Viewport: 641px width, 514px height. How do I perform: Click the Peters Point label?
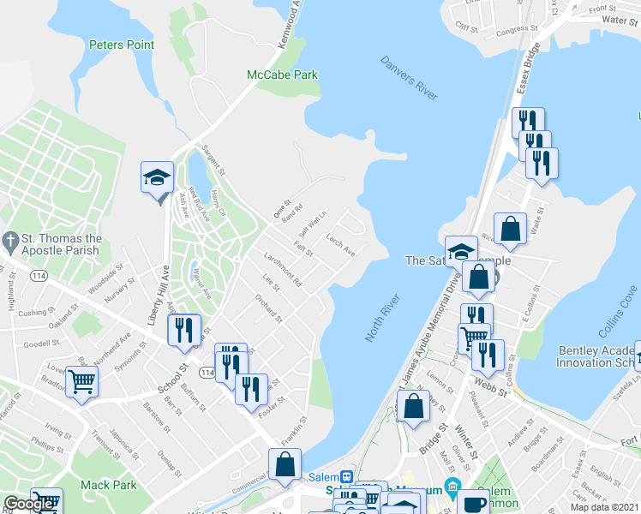pyautogui.click(x=121, y=45)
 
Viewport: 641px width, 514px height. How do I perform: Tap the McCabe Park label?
pyautogui.click(x=282, y=75)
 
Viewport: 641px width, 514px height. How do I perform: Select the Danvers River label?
pyautogui.click(x=408, y=75)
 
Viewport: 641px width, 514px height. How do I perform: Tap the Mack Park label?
pyautogui.click(x=108, y=485)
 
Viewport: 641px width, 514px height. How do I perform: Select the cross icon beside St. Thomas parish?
pyautogui.click(x=10, y=239)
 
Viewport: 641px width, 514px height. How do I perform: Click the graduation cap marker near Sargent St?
pyautogui.click(x=158, y=178)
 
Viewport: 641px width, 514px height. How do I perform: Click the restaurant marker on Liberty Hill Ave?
pyautogui.click(x=183, y=330)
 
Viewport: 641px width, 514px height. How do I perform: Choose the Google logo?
pyautogui.click(x=28, y=505)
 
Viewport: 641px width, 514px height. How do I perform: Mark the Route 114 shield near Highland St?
pyautogui.click(x=39, y=277)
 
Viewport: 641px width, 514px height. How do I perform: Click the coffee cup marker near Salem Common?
pyautogui.click(x=472, y=504)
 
